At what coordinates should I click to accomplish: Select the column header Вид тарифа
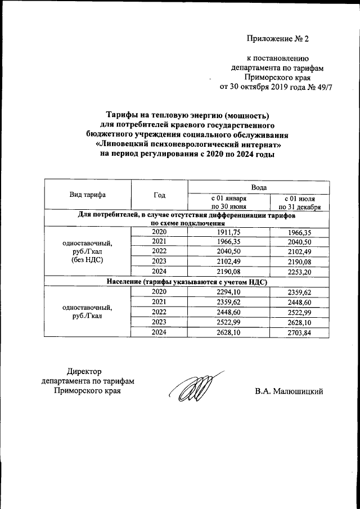[x=87, y=195]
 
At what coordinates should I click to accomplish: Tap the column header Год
[x=159, y=195]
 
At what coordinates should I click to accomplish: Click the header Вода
[x=259, y=186]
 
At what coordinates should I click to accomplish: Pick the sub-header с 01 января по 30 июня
[x=228, y=202]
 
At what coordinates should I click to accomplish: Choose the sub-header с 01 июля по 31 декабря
[x=299, y=202]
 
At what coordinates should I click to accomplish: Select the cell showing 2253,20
[x=299, y=272]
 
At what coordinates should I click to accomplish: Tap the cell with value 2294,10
[x=228, y=292]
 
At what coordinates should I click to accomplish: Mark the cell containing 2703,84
[x=299, y=332]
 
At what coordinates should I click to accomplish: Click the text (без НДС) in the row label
[x=87, y=261]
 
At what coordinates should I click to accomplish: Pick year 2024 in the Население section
[x=159, y=332]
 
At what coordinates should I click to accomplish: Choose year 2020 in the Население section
[x=159, y=292]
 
